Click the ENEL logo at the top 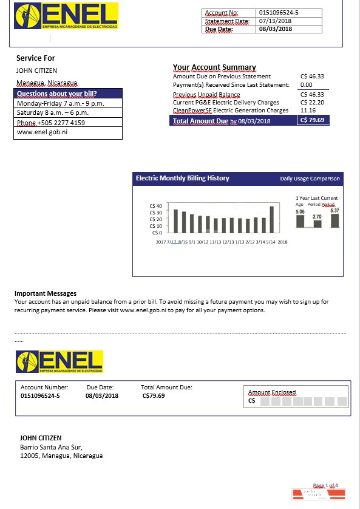66,16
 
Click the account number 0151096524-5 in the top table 279,12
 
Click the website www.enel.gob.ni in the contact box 42,132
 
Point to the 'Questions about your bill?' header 57,94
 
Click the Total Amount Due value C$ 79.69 313,120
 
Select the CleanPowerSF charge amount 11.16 308,111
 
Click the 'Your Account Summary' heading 214,67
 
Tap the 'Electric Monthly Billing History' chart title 183,179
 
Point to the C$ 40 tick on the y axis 155,207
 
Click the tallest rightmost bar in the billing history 271,219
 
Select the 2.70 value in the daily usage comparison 317,217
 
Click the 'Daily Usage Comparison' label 310,179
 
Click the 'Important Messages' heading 46,293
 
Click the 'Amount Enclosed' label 271,392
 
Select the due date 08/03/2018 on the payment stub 102,396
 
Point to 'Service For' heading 36,58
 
